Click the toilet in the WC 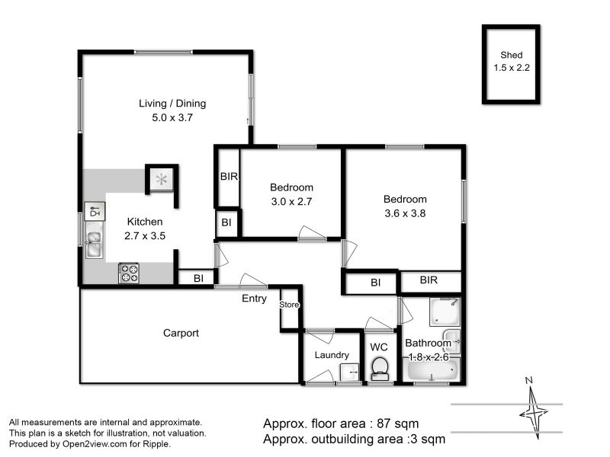coord(379,369)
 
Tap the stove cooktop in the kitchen coord(129,273)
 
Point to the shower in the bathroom coord(445,312)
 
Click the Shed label coord(511,55)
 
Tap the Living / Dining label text coord(172,104)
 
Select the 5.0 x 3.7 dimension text coord(172,117)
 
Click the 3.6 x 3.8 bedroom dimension coord(405,213)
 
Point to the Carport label coord(181,333)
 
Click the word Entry coord(254,299)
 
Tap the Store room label coord(289,305)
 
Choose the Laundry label coord(332,355)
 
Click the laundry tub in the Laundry coord(349,372)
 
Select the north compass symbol coord(533,410)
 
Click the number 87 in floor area coord(384,423)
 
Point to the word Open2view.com coord(95,444)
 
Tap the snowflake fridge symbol coord(161,180)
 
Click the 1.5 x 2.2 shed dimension coord(512,68)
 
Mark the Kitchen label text coord(145,222)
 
